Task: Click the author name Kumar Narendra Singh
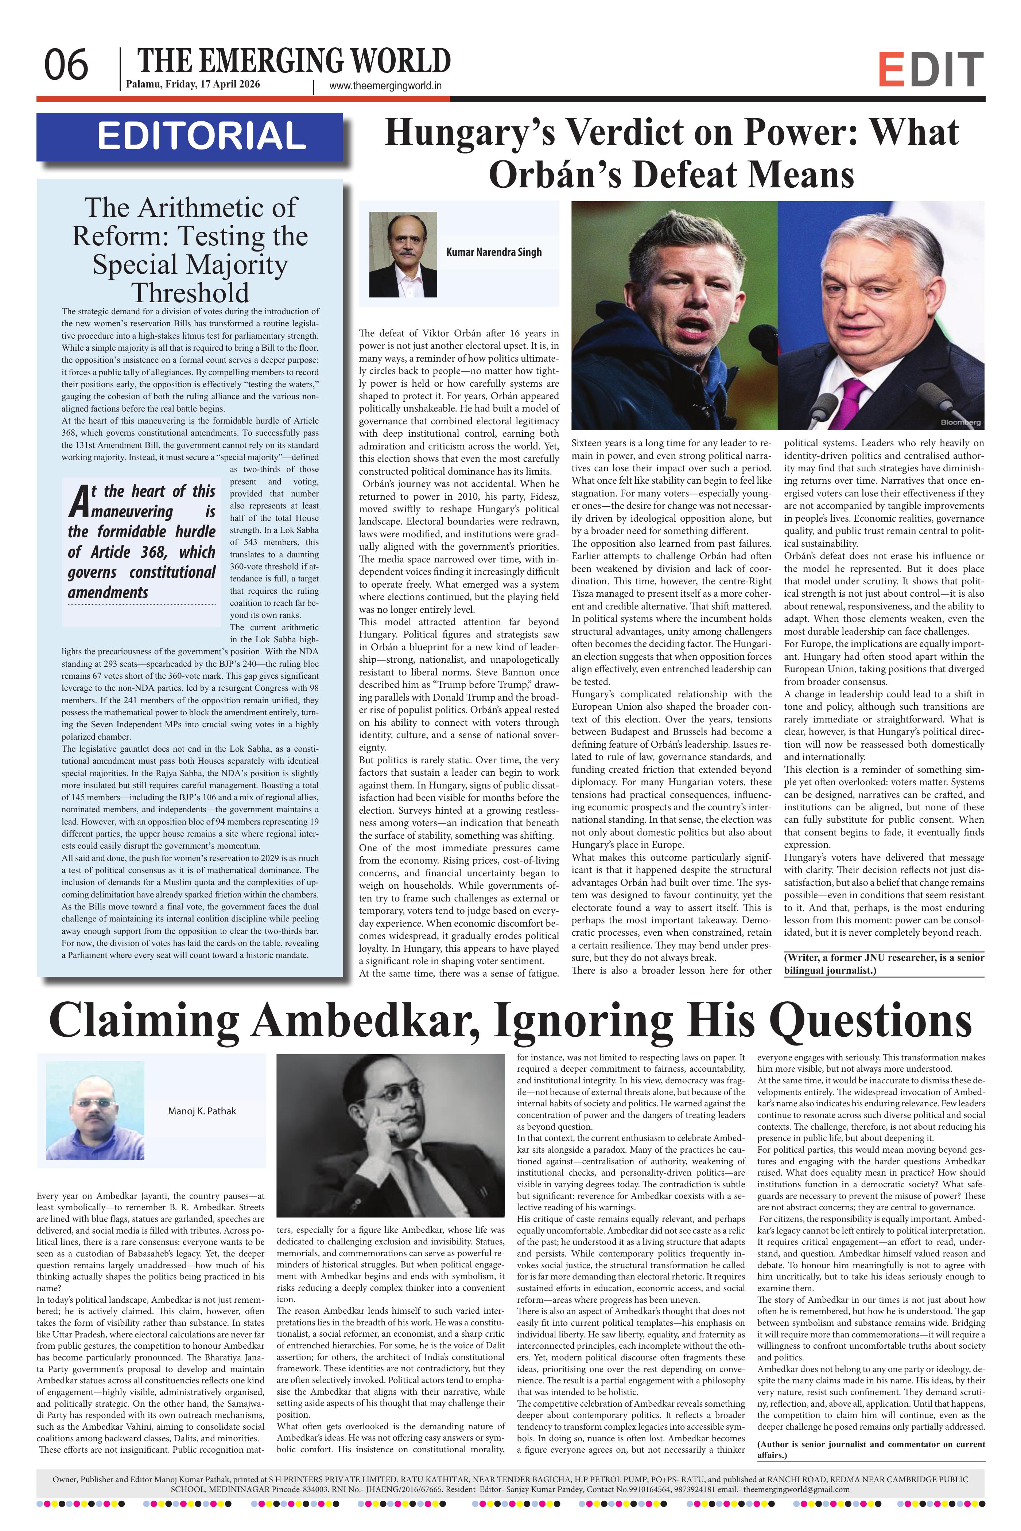(494, 252)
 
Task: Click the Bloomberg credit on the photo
(960, 422)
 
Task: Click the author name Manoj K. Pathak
(202, 1110)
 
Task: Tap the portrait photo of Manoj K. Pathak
(95, 1110)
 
